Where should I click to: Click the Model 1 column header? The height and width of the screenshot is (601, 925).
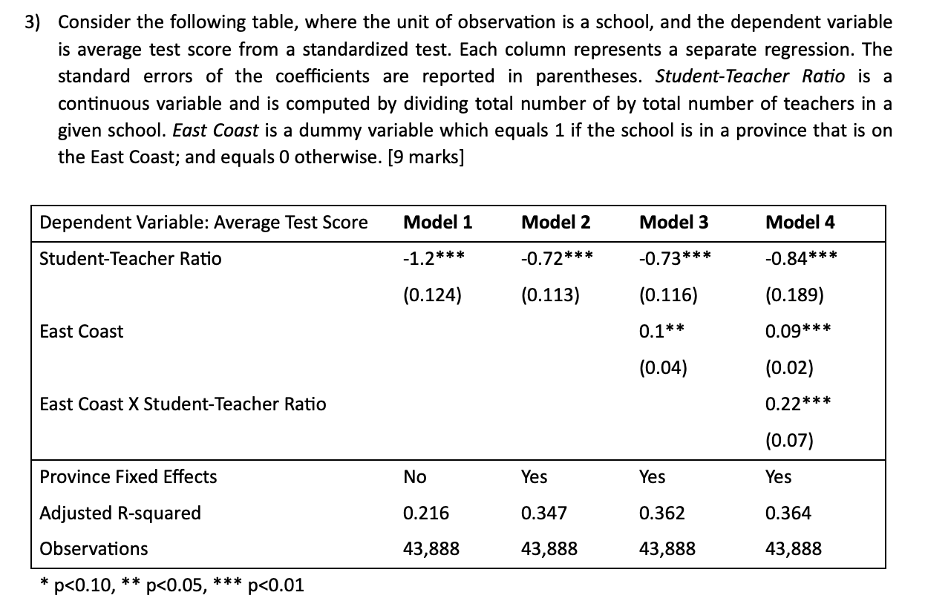[437, 222]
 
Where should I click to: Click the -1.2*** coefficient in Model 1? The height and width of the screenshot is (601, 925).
[434, 259]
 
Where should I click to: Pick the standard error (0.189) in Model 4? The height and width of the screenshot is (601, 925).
[794, 295]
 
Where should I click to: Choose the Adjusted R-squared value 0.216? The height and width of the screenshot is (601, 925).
[426, 513]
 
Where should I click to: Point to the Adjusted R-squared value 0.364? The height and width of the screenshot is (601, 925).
[788, 513]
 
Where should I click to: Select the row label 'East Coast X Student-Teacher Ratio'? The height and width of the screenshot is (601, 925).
[183, 404]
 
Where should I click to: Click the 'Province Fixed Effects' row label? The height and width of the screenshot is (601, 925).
[128, 477]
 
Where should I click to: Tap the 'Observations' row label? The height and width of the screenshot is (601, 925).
[94, 549]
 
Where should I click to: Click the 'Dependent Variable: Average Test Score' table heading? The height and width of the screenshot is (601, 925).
[203, 222]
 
